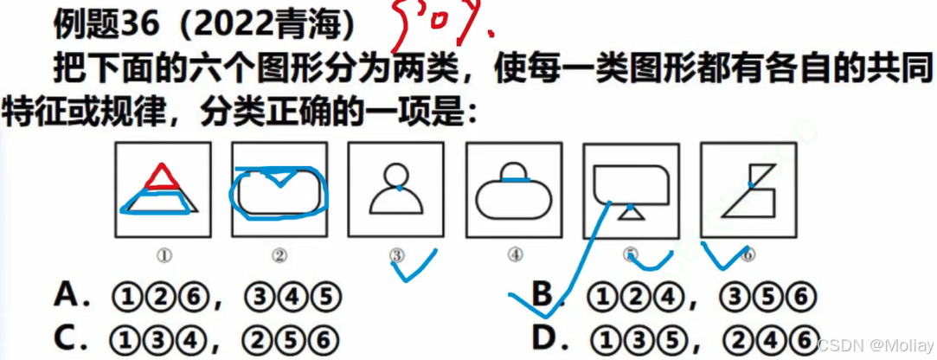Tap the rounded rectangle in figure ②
[x=279, y=191]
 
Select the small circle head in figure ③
[x=397, y=173]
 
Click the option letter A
[x=68, y=297]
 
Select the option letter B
[x=543, y=297]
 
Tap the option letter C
[x=68, y=337]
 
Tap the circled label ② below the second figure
[x=279, y=255]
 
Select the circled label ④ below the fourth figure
[x=515, y=255]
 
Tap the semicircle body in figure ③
[x=397, y=201]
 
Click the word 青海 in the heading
[x=311, y=25]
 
